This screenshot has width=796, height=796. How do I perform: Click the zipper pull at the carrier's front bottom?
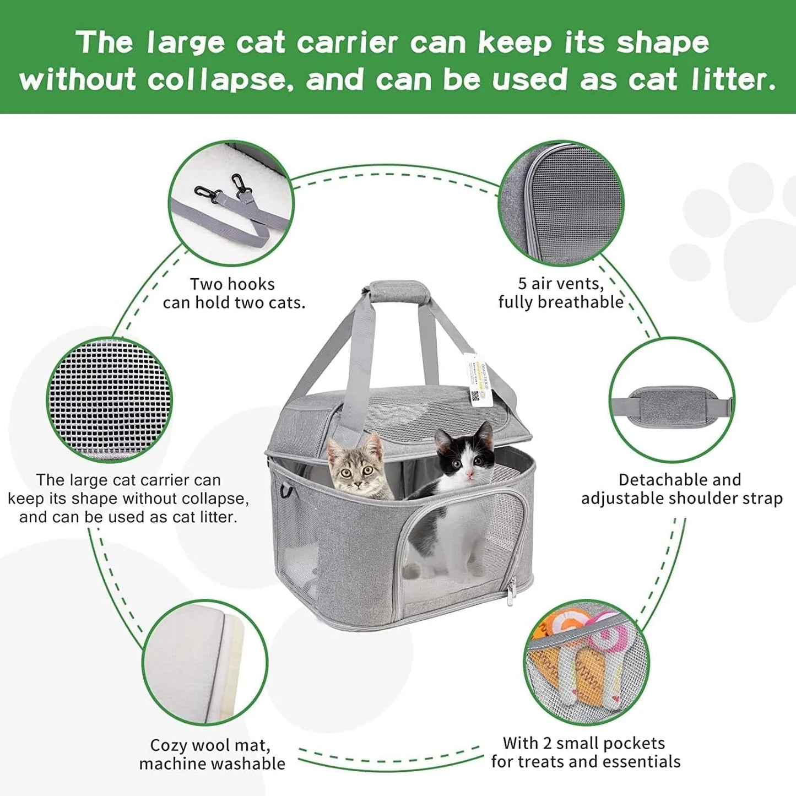[512, 595]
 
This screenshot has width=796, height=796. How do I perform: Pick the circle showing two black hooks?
[231, 203]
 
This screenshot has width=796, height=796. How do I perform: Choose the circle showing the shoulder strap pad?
[672, 400]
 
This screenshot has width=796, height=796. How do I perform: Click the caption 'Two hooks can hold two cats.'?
[234, 294]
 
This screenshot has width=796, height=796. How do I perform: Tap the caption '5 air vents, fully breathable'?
[561, 293]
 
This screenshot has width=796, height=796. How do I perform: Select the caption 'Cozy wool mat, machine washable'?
[212, 754]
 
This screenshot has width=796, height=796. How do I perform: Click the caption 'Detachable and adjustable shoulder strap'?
[681, 489]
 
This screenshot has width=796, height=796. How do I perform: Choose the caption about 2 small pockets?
[586, 752]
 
